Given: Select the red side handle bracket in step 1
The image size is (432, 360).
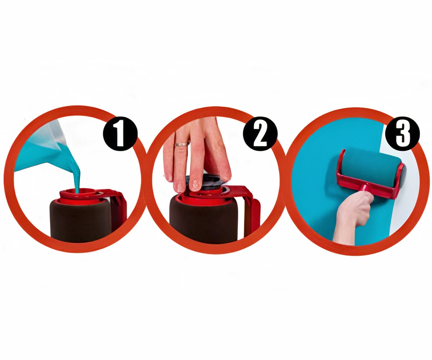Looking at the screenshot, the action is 118,207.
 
